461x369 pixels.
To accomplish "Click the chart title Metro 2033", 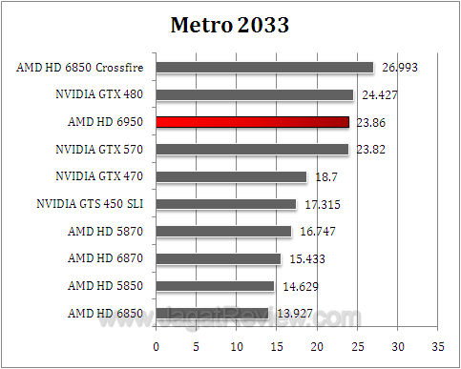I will [230, 25].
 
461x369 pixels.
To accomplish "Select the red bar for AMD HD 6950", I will [252, 122].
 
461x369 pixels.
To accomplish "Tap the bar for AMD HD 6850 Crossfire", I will [264, 68].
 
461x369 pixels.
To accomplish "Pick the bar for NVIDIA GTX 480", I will [254, 94].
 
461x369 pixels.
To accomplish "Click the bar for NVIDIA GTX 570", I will [252, 150].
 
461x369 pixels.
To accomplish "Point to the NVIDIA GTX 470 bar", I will [231, 176].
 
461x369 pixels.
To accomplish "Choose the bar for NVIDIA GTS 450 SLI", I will [225, 204].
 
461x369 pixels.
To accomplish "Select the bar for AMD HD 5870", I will [223, 231].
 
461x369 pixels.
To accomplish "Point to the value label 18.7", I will [324, 176].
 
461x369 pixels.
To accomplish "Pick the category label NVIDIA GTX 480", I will [99, 94].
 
